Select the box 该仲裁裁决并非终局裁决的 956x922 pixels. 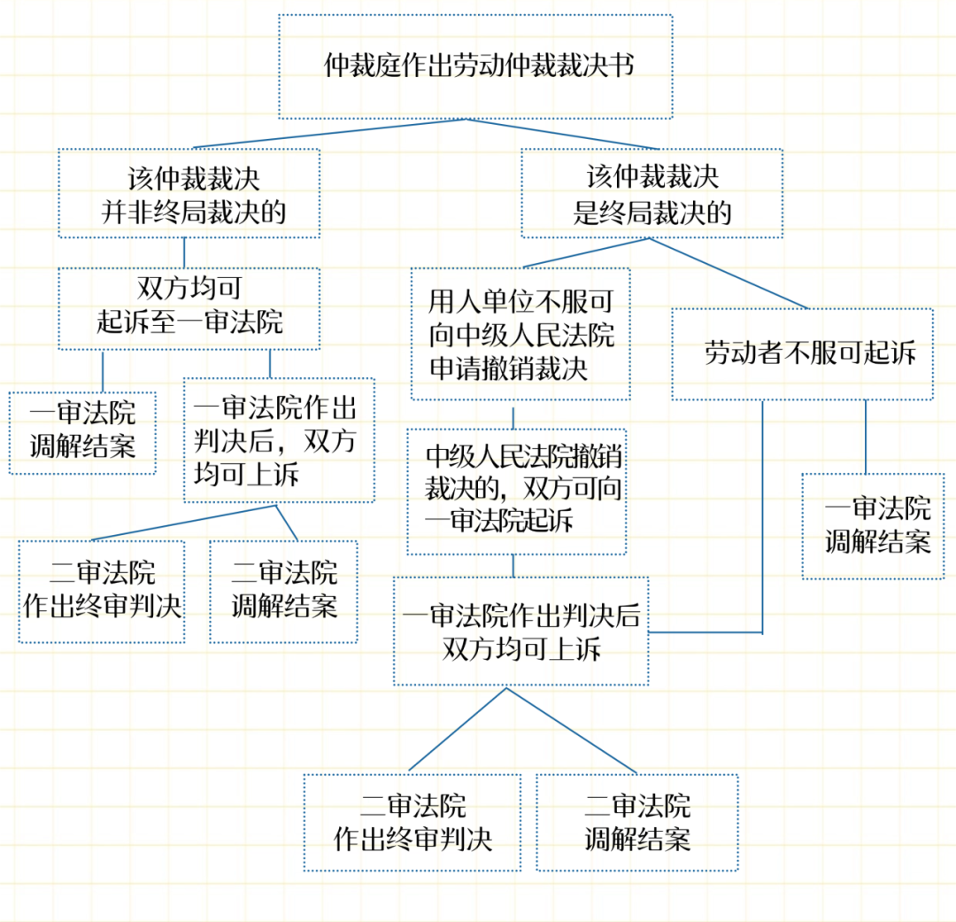tap(189, 193)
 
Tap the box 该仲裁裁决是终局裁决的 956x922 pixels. tap(651, 193)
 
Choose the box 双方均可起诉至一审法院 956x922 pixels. tap(189, 307)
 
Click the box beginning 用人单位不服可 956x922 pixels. tap(520, 335)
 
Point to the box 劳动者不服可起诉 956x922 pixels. tap(802, 354)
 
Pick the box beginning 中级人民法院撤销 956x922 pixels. tap(517, 491)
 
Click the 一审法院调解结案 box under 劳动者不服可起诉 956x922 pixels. tap(873, 526)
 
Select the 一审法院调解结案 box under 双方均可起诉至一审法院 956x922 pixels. tap(82, 432)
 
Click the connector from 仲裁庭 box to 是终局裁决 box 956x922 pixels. tap(567, 133)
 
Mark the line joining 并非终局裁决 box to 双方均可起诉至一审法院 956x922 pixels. tap(184, 252)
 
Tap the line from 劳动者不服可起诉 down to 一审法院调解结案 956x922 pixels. tap(865, 436)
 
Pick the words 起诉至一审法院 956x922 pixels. tap(189, 322)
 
